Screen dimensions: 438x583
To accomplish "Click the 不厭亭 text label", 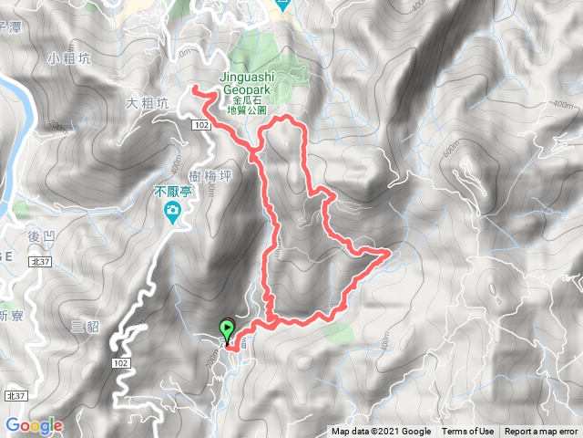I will [171, 193].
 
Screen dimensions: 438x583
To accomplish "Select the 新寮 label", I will [11, 316].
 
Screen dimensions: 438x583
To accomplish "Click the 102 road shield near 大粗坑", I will [202, 121].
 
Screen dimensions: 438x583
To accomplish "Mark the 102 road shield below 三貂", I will [119, 362].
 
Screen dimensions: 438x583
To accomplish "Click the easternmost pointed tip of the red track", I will [391, 249].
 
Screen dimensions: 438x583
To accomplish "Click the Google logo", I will [34, 425].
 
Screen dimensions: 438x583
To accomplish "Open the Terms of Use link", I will [468, 432].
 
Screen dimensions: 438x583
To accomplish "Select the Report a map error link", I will [541, 432].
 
